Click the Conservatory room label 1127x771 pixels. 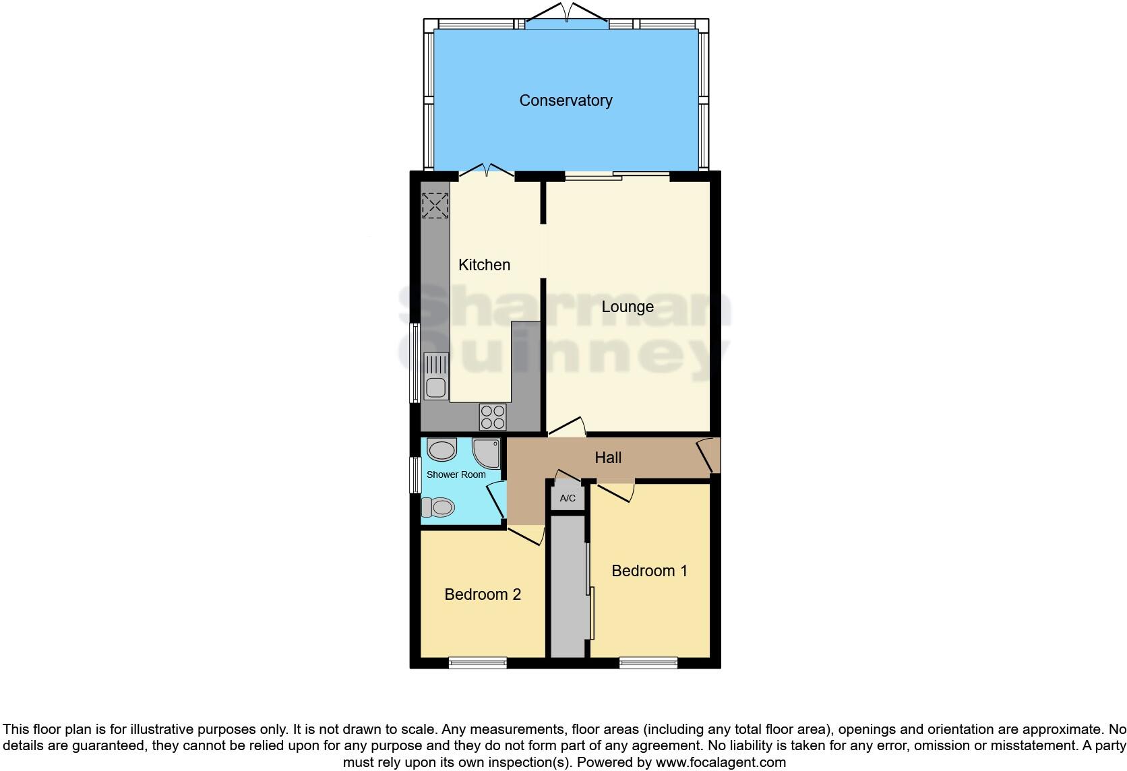pyautogui.click(x=566, y=100)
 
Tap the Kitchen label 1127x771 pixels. pyautogui.click(x=484, y=265)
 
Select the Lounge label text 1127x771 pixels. pyautogui.click(x=627, y=307)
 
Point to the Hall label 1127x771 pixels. pyautogui.click(x=607, y=458)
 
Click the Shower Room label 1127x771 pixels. pyautogui.click(x=456, y=474)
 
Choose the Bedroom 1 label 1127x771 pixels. pyautogui.click(x=649, y=571)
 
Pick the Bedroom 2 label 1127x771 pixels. pyautogui.click(x=483, y=594)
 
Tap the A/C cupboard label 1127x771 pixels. pyautogui.click(x=568, y=499)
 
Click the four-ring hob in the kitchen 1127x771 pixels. pyautogui.click(x=492, y=417)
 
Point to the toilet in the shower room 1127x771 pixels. pyautogui.click(x=438, y=506)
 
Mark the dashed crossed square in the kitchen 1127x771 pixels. pyautogui.click(x=435, y=206)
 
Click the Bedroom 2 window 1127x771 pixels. pyautogui.click(x=477, y=663)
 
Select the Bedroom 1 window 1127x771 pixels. pyautogui.click(x=648, y=663)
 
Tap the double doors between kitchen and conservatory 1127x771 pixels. pyautogui.click(x=487, y=172)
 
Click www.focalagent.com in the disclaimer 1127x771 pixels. pyautogui.click(x=721, y=763)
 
